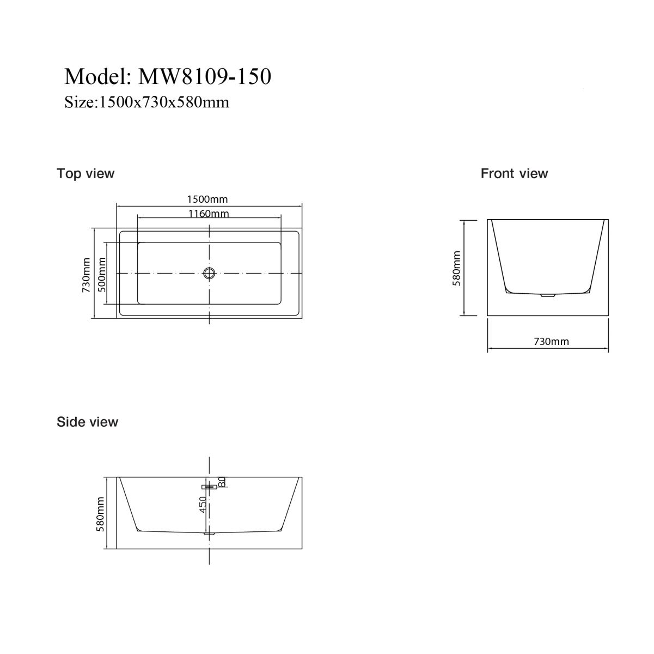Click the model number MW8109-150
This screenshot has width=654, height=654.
point(205,76)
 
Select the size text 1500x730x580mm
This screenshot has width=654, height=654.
point(164,102)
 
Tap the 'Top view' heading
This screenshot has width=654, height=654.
point(85,173)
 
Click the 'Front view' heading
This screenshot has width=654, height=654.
point(514,173)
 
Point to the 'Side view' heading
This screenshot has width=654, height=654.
point(88,422)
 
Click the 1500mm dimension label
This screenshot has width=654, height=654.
point(207,199)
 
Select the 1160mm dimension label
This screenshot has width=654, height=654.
point(209,213)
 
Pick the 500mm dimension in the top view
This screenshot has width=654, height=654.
point(102,275)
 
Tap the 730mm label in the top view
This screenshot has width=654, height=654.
point(86,275)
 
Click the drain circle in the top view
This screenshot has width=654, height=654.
point(210,273)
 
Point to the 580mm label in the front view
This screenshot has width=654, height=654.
point(457,268)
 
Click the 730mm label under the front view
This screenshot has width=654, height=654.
point(552,341)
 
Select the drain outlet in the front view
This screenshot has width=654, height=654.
point(547,295)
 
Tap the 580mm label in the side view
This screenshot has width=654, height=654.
point(100,514)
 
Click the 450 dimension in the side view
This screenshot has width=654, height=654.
point(203,505)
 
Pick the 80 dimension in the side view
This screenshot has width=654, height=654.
point(222,482)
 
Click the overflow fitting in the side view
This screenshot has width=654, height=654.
point(210,487)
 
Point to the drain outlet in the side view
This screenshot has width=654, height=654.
point(210,534)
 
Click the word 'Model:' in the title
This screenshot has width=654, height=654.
point(98,76)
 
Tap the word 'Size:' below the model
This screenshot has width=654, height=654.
point(82,102)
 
